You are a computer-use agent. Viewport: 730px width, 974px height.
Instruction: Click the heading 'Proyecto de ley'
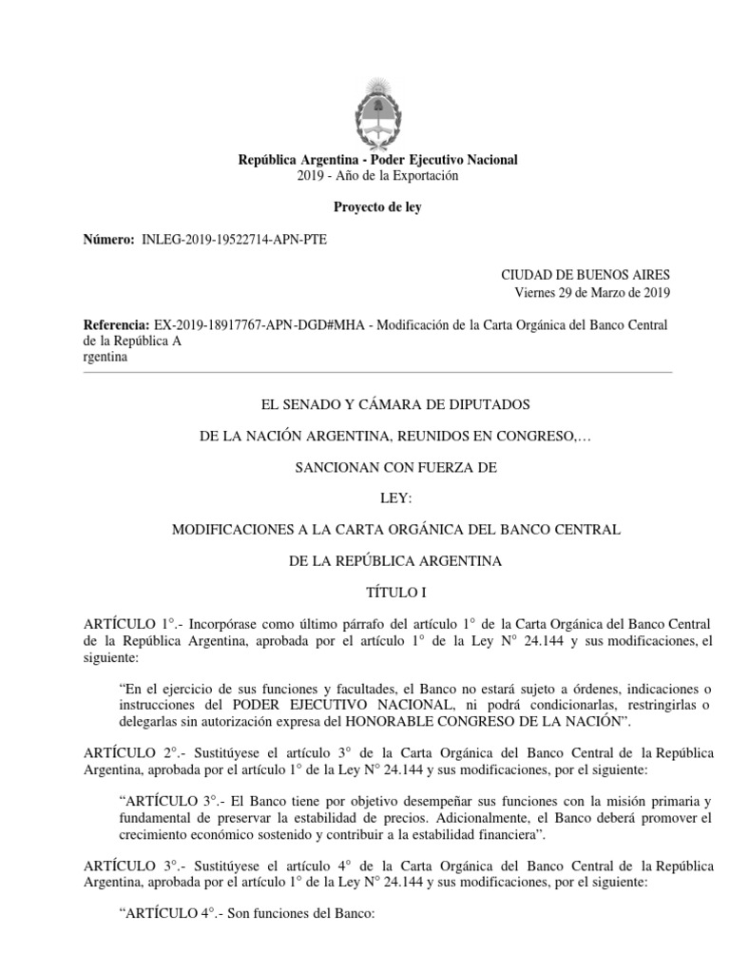[x=377, y=207]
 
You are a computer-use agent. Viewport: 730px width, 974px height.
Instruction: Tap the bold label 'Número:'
[x=108, y=240]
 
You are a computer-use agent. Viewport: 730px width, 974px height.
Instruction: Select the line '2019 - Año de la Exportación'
[x=377, y=176]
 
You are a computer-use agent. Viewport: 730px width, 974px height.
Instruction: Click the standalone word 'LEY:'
[x=377, y=497]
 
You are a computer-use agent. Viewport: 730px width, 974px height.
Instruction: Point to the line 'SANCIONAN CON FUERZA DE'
[x=377, y=467]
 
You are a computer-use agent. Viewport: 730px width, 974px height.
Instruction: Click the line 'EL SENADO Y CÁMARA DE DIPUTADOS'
[x=377, y=404]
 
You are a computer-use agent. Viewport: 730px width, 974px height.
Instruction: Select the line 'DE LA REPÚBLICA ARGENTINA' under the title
[x=377, y=561]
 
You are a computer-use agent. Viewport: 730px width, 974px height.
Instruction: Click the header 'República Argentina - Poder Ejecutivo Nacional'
[x=377, y=160]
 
